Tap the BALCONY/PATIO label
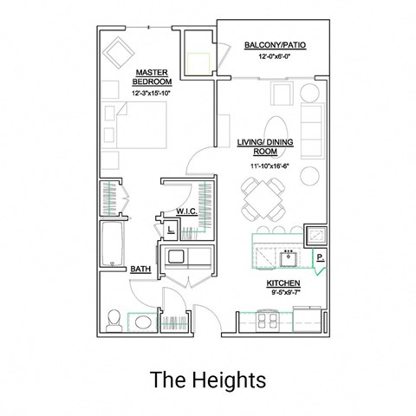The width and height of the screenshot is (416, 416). coord(274,44)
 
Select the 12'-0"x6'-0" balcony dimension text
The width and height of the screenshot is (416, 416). coord(274,57)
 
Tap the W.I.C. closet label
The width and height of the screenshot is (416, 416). coord(185,211)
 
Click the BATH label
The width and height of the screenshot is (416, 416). coord(140,270)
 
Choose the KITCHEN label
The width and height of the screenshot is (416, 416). coord(283,283)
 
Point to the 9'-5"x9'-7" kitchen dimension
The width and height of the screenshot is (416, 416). coord(283,294)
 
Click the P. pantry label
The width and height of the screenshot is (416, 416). coord(320,257)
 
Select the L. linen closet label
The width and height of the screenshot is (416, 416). coord(171,230)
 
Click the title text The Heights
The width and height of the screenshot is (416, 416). coord(208,379)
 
